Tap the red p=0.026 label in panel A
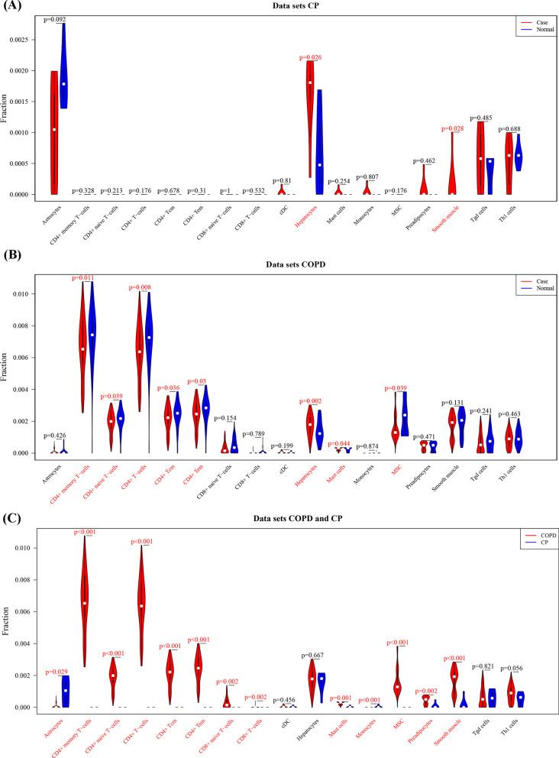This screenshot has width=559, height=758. point(311,57)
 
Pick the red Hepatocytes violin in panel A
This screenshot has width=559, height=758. point(310,115)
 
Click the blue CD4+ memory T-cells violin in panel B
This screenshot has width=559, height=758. point(92,336)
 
